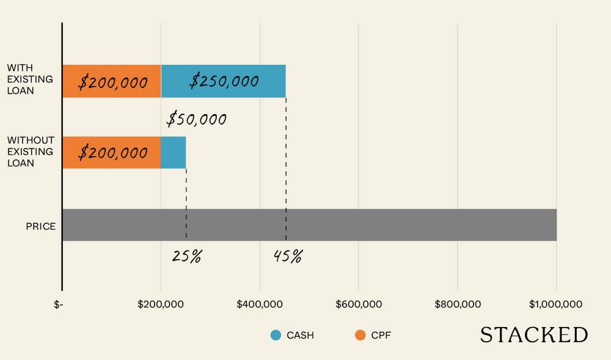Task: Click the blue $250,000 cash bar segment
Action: click(223, 81)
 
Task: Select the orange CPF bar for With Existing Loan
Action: click(111, 81)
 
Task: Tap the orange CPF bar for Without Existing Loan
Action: click(111, 153)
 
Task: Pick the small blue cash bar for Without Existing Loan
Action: click(174, 153)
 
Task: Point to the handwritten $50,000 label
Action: click(197, 119)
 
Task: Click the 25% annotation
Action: click(186, 256)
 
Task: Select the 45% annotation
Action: click(288, 256)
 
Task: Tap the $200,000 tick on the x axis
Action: click(161, 304)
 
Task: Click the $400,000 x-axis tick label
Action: click(260, 304)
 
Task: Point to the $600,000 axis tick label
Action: click(359, 304)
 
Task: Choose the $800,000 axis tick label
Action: click(458, 304)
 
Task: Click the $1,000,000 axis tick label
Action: click(556, 304)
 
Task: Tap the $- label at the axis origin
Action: click(59, 304)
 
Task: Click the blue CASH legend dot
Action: click(276, 335)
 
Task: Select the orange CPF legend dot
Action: click(360, 335)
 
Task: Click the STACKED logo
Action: click(533, 335)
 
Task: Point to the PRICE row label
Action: click(40, 226)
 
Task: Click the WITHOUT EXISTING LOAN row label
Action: click(30, 152)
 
